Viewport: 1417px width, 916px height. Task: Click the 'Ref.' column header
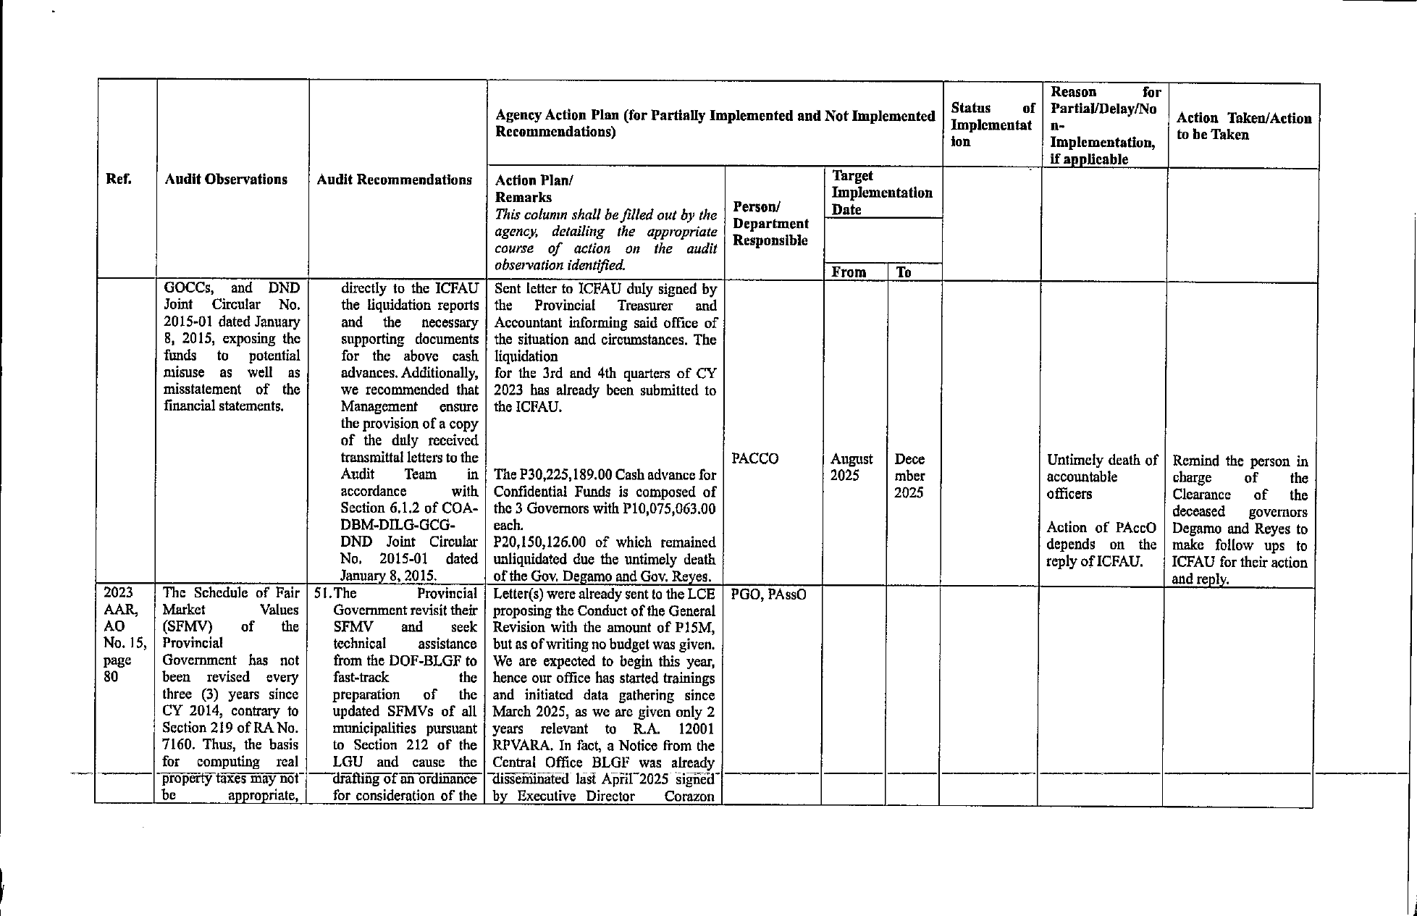(119, 180)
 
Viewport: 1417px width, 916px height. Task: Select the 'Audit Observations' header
(225, 180)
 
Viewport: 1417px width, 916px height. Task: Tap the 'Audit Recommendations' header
(394, 180)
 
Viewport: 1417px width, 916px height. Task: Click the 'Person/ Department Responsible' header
(770, 224)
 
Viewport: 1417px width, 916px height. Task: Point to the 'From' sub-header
(849, 272)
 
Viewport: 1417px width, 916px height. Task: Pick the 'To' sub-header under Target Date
(904, 272)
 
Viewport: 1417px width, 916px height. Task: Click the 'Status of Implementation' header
(992, 125)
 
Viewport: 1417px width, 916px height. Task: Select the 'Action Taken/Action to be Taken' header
(1243, 127)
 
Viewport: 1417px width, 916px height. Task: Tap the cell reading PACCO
(755, 459)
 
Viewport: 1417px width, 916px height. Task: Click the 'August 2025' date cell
(852, 467)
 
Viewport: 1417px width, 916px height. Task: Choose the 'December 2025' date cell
(909, 476)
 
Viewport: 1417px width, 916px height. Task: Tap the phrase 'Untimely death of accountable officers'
(1101, 477)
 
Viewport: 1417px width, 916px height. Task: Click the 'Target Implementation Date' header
(881, 193)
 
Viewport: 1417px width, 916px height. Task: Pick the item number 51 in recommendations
(322, 594)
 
